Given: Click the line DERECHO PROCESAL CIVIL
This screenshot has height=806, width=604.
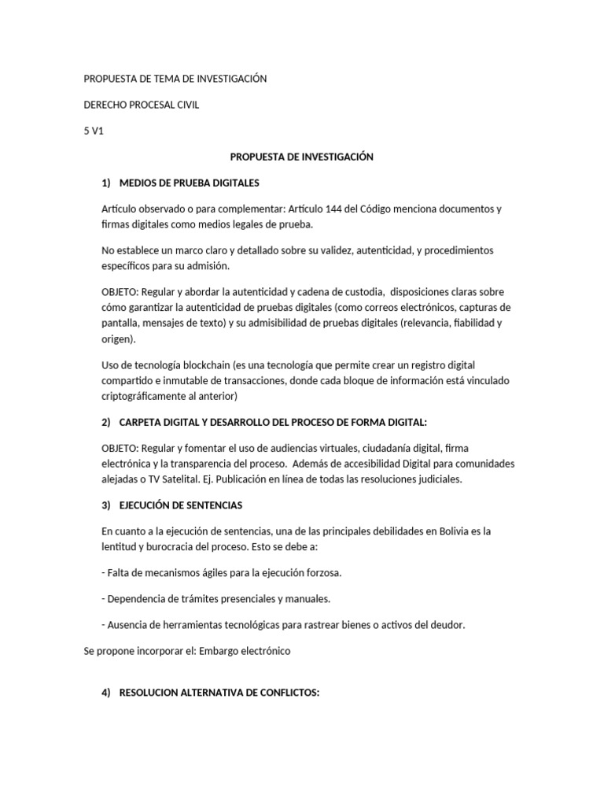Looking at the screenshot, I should point(142,105).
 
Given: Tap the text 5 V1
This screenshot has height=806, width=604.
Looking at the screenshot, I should point(94,131).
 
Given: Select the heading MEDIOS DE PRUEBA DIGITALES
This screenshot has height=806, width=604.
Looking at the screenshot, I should point(189,183).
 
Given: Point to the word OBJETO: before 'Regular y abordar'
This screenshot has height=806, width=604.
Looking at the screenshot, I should point(120,291).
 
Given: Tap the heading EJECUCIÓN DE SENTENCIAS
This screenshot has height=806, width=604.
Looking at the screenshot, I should point(181,504).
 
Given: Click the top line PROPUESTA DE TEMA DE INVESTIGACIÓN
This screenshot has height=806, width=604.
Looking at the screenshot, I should point(175,79).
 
